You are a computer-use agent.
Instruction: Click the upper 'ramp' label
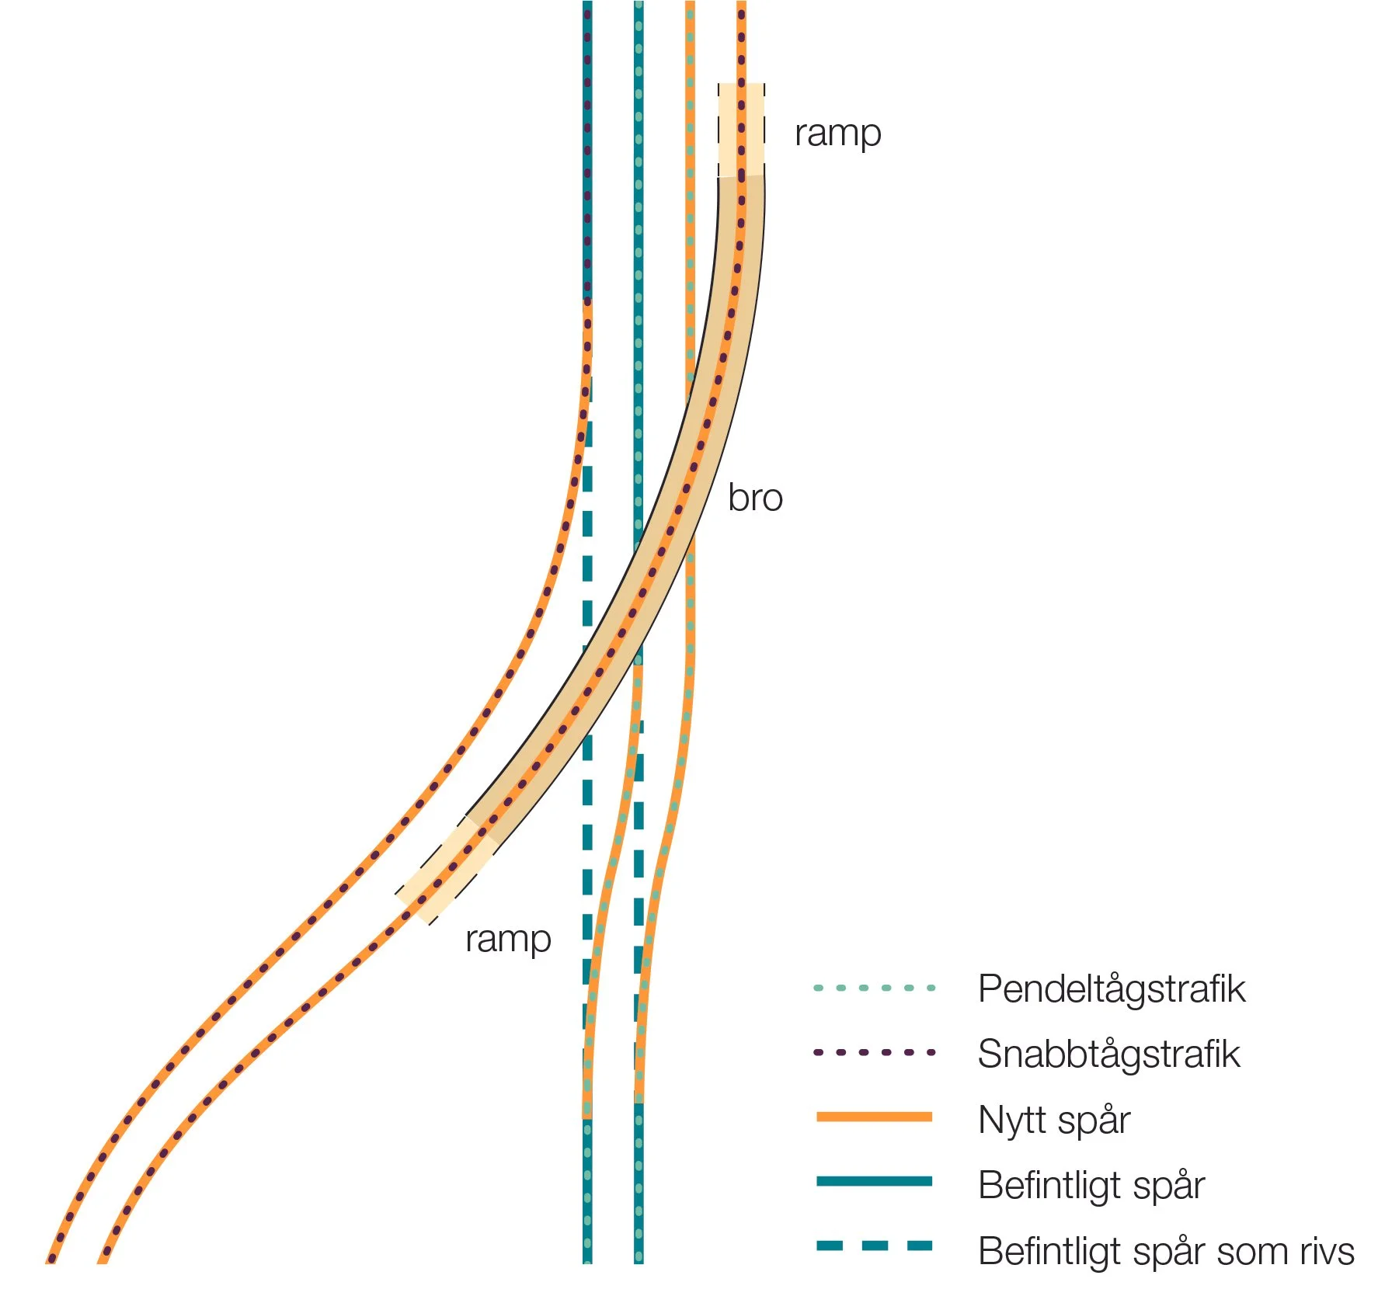click(837, 134)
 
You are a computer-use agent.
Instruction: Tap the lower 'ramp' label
click(508, 940)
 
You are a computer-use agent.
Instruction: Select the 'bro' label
click(755, 498)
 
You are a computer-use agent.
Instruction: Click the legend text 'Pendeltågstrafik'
click(1111, 989)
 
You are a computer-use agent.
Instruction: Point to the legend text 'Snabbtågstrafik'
click(1108, 1055)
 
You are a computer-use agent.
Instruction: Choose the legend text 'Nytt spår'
click(1053, 1121)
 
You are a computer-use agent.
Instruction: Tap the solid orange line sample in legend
click(874, 1117)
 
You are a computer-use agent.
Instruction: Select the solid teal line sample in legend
click(874, 1181)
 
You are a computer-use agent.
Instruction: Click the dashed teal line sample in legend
click(874, 1246)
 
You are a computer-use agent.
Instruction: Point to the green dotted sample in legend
click(874, 989)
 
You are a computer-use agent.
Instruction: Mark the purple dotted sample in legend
click(874, 1053)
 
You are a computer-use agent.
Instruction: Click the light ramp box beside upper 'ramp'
click(741, 130)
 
